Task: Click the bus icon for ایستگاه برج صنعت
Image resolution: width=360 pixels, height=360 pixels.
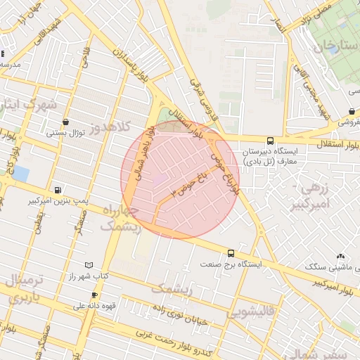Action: (x=231, y=253)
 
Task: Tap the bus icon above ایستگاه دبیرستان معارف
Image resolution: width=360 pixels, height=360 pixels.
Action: (x=271, y=140)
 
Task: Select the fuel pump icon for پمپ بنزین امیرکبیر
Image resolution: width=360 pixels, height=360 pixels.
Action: (x=57, y=190)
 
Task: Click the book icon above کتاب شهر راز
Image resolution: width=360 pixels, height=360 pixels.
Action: (x=88, y=265)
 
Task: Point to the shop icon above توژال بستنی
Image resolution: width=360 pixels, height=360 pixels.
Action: (x=65, y=121)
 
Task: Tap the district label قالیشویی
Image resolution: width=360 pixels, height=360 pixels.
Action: (x=256, y=310)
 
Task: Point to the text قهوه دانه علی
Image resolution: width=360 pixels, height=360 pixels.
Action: (x=94, y=307)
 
